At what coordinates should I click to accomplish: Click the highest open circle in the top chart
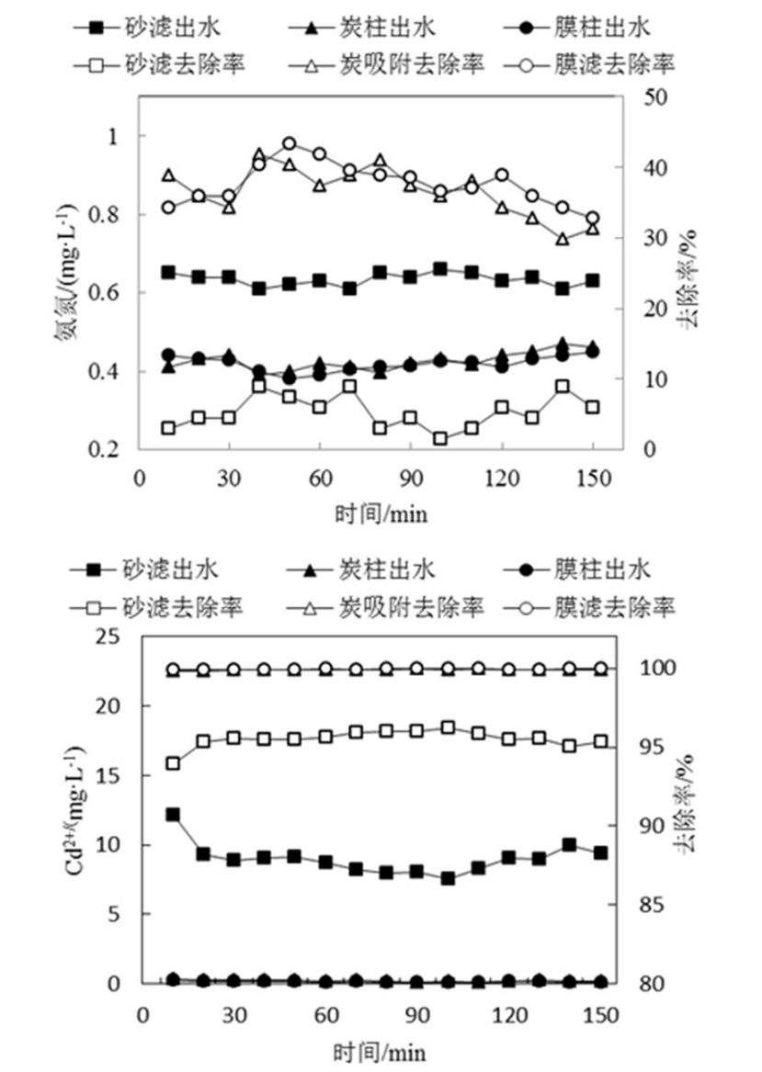point(290,143)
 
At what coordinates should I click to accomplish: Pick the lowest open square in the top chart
point(440,439)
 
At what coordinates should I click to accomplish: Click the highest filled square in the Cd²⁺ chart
point(172,815)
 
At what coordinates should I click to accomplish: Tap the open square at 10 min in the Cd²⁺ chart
point(172,763)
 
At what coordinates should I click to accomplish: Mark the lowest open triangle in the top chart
point(563,239)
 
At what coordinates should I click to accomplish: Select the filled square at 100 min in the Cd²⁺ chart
point(448,878)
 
